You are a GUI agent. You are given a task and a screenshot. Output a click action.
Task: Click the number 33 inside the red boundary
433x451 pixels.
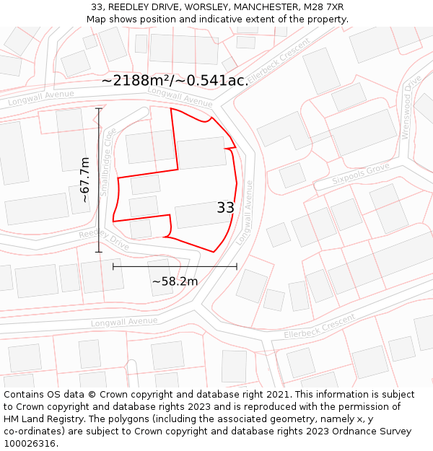[x=225, y=208]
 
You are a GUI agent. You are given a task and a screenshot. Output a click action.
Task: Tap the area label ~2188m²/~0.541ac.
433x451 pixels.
[x=175, y=81]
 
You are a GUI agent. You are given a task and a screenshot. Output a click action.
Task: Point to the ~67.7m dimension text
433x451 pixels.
[x=84, y=180]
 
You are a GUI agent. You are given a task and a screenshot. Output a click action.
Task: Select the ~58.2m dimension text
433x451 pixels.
[x=174, y=281]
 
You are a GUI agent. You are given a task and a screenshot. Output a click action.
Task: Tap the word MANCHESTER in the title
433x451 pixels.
[x=259, y=7]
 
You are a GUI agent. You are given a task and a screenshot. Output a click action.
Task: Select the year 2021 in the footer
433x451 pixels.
[x=276, y=395]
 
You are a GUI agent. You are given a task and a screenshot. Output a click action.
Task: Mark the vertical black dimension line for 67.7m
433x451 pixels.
[x=99, y=180]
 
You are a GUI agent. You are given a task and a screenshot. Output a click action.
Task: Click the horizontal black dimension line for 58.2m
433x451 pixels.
[x=175, y=266]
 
